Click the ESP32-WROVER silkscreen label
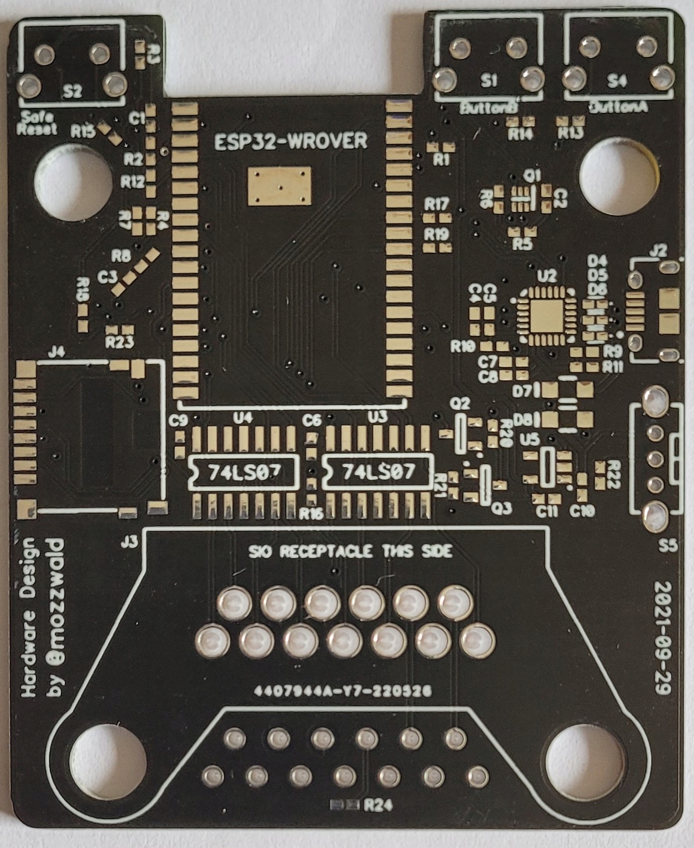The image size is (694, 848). coord(291,141)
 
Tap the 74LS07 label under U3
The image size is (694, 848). coord(378,472)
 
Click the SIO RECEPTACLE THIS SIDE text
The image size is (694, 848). coord(350,552)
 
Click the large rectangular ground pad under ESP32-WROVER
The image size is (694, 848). coord(279,187)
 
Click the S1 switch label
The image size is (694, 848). coord(489,81)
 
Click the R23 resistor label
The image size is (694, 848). coord(120,343)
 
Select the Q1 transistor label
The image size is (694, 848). coord(532,176)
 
